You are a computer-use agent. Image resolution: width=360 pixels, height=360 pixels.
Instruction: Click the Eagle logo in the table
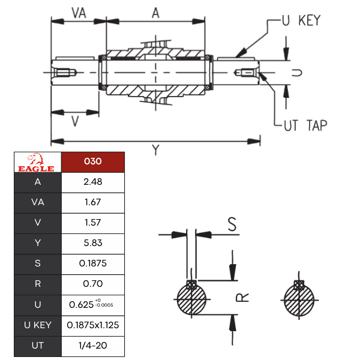36,163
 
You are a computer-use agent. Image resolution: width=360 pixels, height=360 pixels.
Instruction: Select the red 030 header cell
93,162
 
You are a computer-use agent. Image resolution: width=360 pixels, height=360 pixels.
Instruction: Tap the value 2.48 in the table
93,182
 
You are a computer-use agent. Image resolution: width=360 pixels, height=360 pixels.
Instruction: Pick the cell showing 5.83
93,243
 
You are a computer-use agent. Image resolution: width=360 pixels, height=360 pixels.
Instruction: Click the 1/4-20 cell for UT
93,346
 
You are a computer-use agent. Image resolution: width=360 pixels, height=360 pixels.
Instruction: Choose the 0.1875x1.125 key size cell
93,325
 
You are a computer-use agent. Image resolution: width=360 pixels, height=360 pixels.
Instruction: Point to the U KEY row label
38,325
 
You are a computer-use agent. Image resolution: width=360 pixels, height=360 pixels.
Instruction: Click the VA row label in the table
38,203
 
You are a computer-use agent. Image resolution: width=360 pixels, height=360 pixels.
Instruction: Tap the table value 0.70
93,284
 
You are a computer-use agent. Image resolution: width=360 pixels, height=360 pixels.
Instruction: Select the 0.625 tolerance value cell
93,305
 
